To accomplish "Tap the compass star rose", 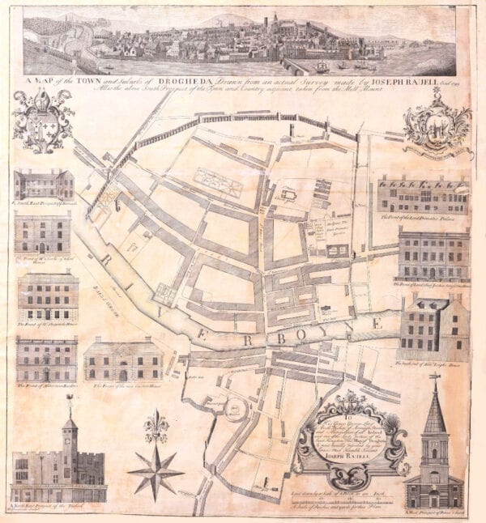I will pos(156,469).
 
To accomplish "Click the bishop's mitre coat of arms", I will pos(43,121).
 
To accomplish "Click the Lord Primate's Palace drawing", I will pos(421,194).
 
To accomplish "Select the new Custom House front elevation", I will pos(122,360).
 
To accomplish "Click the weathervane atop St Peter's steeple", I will pos(434,379).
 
